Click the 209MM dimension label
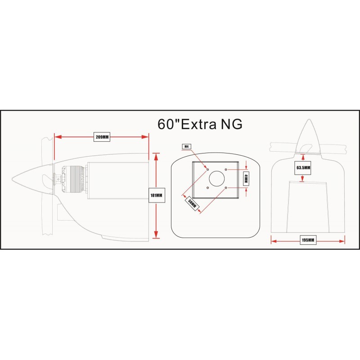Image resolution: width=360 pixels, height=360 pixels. pos(102,137)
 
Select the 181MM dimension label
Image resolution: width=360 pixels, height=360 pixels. pos(157,195)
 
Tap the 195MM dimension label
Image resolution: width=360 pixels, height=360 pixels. pos(308,240)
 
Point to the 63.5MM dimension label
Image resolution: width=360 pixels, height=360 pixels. pos(303,167)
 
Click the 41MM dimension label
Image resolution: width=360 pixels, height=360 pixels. pos(246,178)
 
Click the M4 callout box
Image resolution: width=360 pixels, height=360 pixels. pos(186,147)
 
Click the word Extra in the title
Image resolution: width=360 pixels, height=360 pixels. pos(199,124)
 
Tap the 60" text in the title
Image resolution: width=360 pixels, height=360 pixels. pos(168,124)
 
